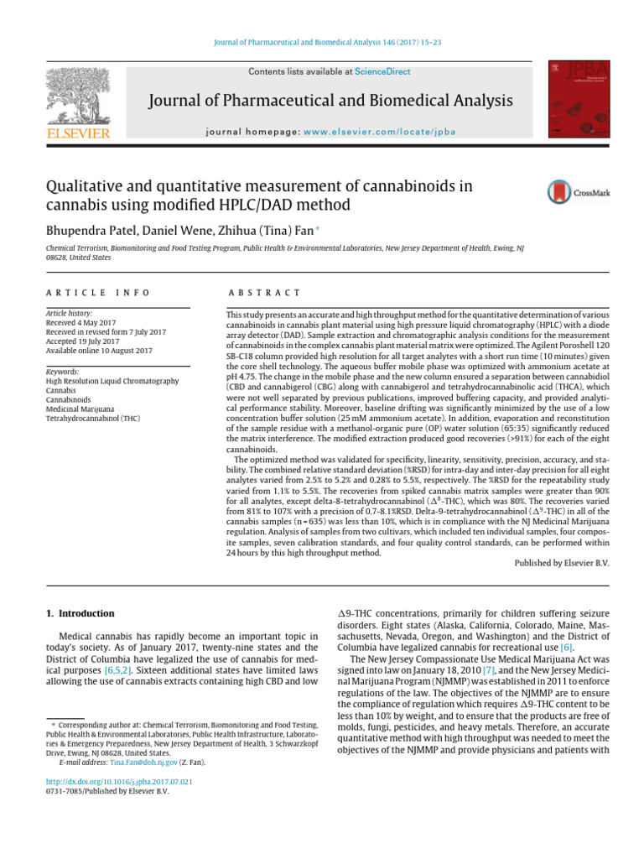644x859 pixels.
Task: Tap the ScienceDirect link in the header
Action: point(382,72)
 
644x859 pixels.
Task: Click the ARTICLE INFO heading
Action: point(97,292)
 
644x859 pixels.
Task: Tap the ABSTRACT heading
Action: point(264,292)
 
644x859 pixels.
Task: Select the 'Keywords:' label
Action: point(62,371)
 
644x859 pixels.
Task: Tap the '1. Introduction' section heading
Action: point(80,614)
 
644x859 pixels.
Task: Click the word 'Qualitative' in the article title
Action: point(86,186)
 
